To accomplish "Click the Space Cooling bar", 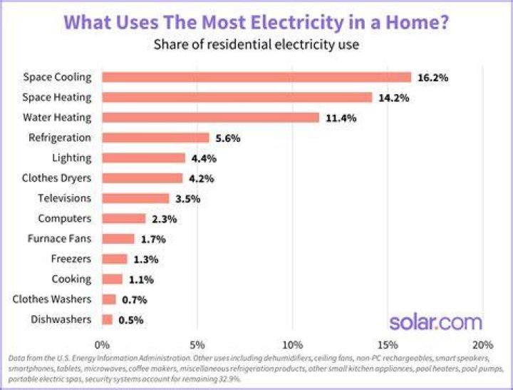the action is click(x=256, y=77).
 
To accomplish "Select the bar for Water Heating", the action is click(x=210, y=118).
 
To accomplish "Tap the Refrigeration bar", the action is click(x=155, y=138).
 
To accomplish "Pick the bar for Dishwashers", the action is click(x=107, y=319).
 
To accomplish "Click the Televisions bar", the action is click(x=135, y=198).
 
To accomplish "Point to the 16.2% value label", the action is click(x=433, y=78).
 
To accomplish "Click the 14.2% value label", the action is click(x=393, y=98).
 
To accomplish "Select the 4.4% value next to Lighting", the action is click(x=204, y=158).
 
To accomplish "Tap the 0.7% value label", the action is click(x=134, y=300).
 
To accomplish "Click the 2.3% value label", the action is click(x=165, y=219).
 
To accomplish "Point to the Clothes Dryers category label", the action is click(x=56, y=178).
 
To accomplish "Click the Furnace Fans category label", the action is click(x=59, y=238).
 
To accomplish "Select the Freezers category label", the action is click(x=71, y=259).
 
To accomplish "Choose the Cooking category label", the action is click(x=71, y=279).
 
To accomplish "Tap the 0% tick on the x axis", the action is click(x=102, y=345).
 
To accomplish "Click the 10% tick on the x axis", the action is click(x=293, y=345).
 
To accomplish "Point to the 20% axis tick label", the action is click(x=483, y=345).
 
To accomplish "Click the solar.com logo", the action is click(x=435, y=322).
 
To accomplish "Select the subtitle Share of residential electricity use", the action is click(x=256, y=44).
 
